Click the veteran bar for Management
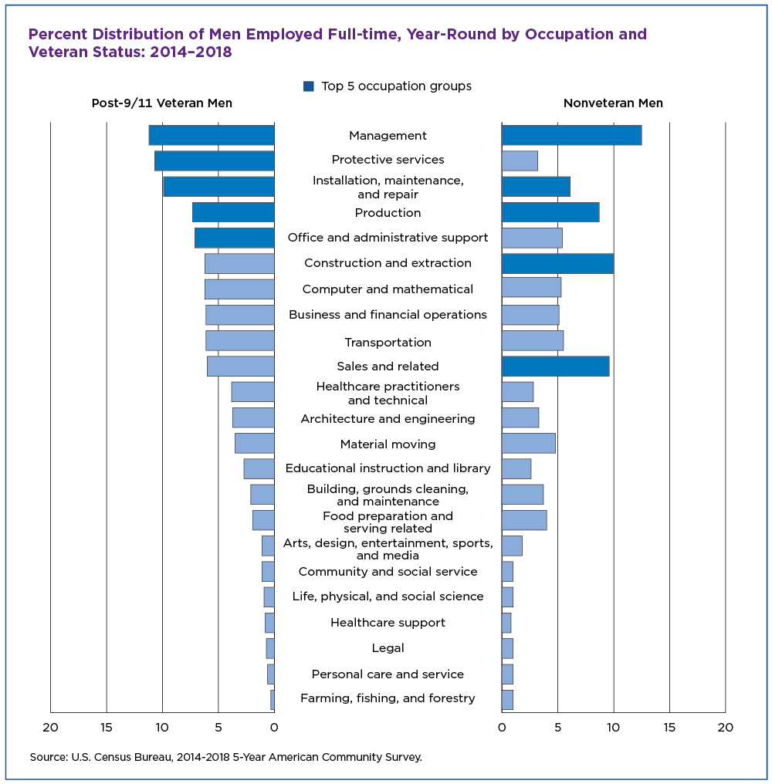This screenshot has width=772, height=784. pyautogui.click(x=212, y=136)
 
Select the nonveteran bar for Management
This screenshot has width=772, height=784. pyautogui.click(x=571, y=136)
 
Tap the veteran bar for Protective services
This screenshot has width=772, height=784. pyautogui.click(x=215, y=161)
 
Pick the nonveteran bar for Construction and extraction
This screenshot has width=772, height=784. pyautogui.click(x=557, y=263)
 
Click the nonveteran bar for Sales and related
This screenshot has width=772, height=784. pyautogui.click(x=555, y=366)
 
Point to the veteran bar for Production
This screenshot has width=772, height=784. pyautogui.click(x=233, y=212)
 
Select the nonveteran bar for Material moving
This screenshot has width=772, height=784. pyautogui.click(x=528, y=443)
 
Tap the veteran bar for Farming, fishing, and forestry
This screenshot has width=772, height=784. pyautogui.click(x=273, y=699)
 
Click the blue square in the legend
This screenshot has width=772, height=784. pyautogui.click(x=309, y=86)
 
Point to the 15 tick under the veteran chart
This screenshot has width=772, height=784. pyautogui.click(x=107, y=727)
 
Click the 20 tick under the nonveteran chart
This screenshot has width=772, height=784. pyautogui.click(x=726, y=727)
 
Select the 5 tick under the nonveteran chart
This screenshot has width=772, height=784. pyautogui.click(x=558, y=727)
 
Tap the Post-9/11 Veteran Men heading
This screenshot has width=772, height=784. pyautogui.click(x=161, y=103)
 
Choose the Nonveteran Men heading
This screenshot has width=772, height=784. pyautogui.click(x=613, y=103)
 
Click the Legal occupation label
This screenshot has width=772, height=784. pyautogui.click(x=388, y=648)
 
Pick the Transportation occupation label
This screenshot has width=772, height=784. pyautogui.click(x=388, y=342)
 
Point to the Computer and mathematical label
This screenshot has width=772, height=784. pyautogui.click(x=388, y=289)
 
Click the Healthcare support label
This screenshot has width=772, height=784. pyautogui.click(x=388, y=623)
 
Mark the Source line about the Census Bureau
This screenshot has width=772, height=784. pyautogui.click(x=226, y=757)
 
